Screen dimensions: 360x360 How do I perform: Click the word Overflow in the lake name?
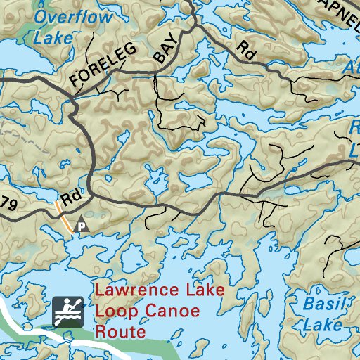[x=72, y=17]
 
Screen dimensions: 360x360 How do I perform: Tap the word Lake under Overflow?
[x=53, y=37]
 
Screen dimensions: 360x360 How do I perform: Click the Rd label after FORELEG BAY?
[x=245, y=49]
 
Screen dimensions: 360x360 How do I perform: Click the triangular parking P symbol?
[x=82, y=225]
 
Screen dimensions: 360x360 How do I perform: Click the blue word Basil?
[x=324, y=304]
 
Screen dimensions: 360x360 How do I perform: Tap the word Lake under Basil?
[x=323, y=325]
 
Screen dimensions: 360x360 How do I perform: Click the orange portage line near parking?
[x=63, y=218]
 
